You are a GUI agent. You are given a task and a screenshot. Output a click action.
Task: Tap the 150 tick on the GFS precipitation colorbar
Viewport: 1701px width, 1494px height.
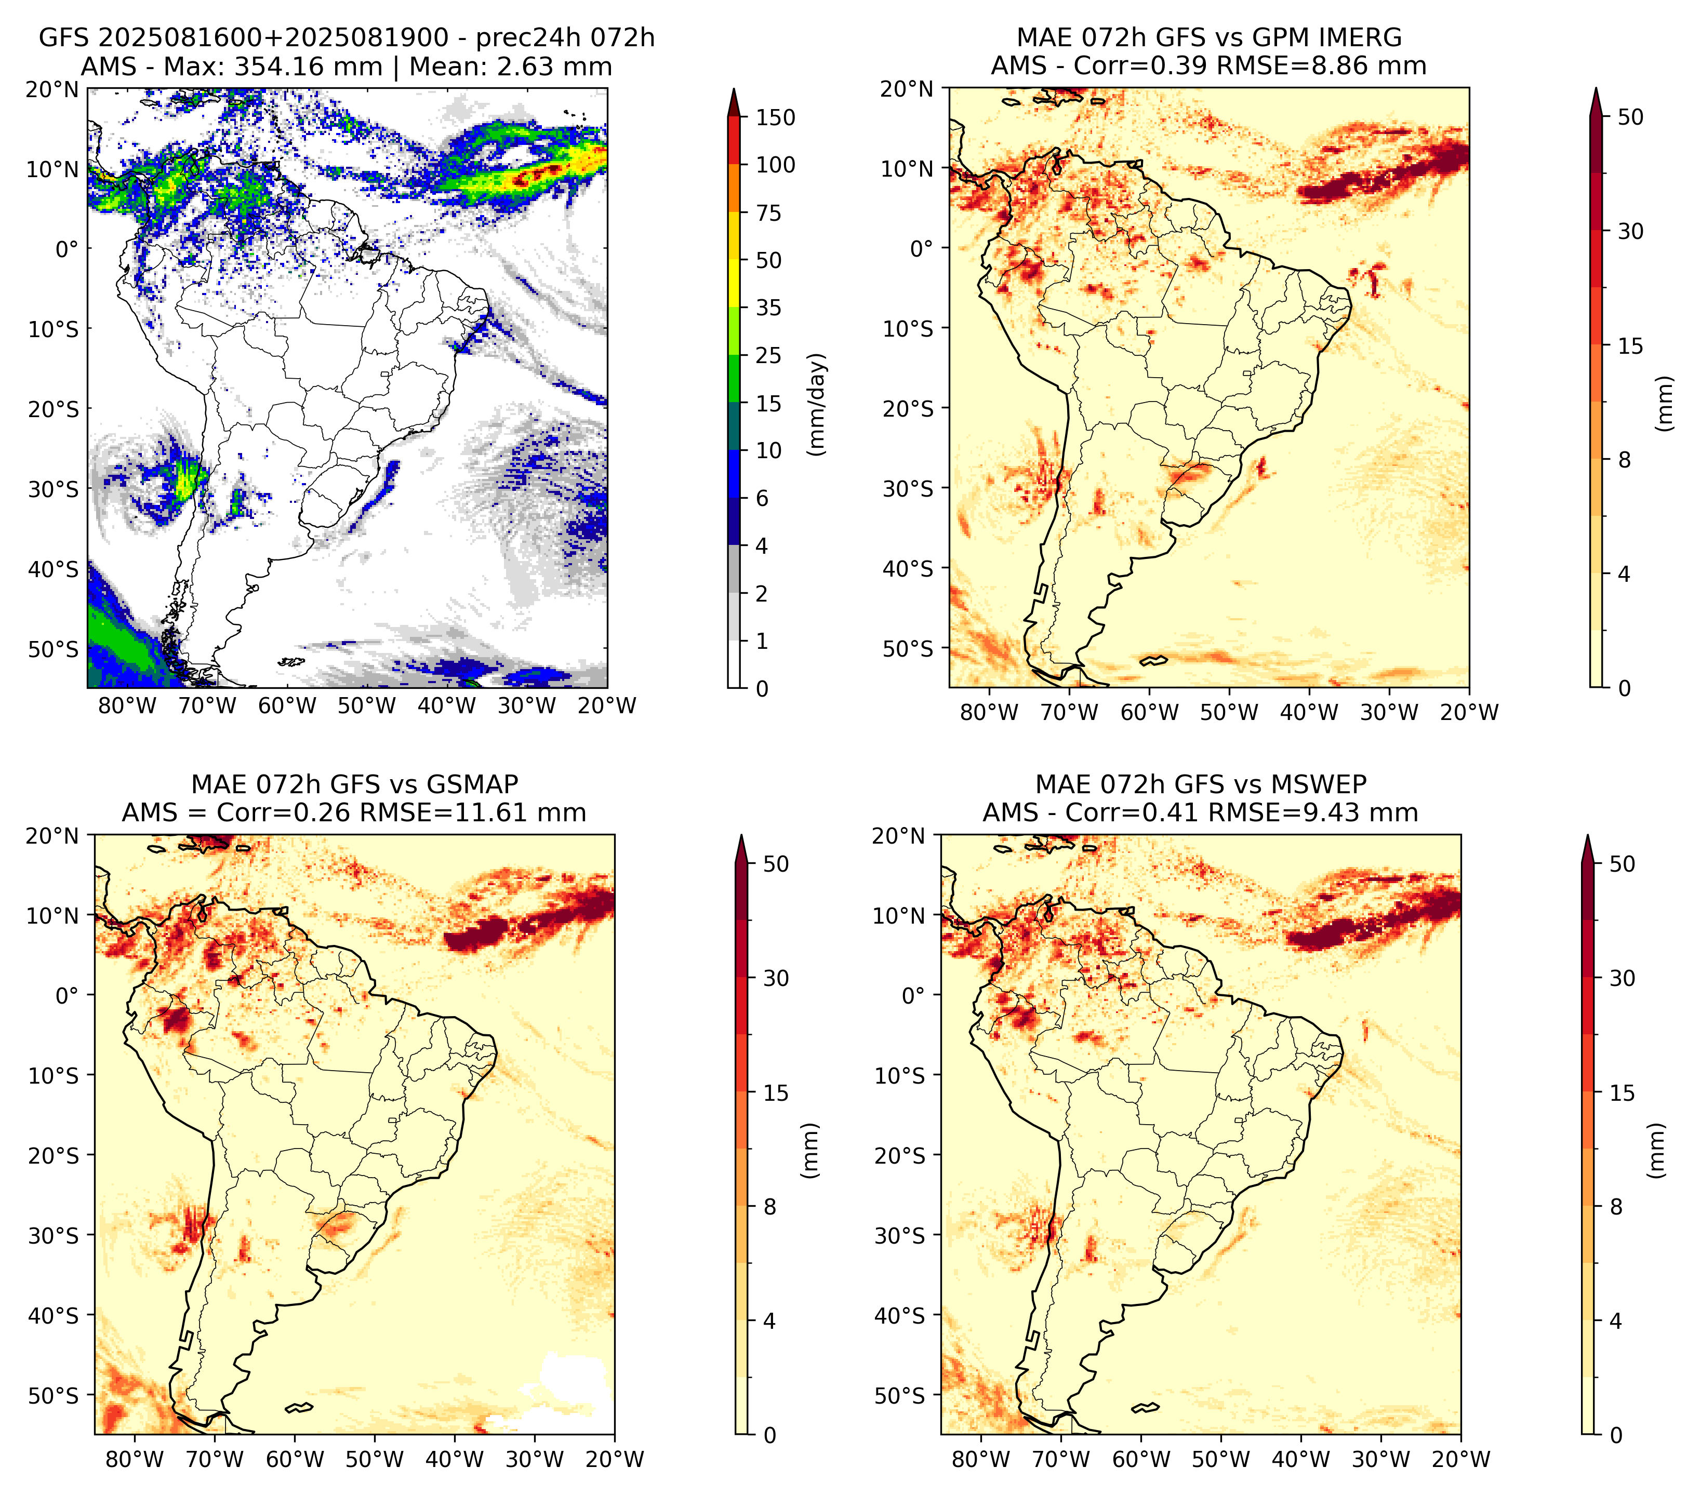(x=775, y=117)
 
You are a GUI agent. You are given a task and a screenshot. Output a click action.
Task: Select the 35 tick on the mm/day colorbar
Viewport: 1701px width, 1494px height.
(x=768, y=308)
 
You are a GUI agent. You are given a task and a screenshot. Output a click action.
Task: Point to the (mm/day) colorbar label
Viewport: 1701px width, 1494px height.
(x=818, y=404)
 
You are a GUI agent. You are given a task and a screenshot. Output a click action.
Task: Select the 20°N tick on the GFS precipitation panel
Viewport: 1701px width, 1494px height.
(x=52, y=89)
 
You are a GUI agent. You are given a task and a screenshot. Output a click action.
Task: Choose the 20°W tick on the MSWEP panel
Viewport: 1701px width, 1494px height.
(x=1460, y=1459)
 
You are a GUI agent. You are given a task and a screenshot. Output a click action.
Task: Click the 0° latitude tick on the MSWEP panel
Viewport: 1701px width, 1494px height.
(x=914, y=996)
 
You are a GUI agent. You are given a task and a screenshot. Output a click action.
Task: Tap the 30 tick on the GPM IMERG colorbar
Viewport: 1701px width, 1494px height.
(x=1630, y=231)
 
